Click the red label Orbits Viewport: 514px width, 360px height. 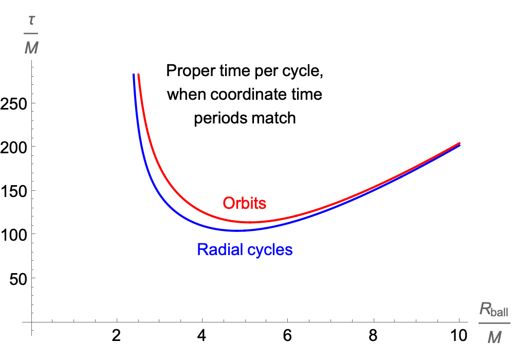tap(244, 203)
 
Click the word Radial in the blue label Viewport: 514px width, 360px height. tap(217, 250)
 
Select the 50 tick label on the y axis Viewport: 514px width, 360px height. tap(18, 278)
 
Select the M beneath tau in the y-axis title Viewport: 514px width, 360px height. tap(31, 49)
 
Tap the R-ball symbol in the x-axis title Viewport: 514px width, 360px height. tap(493, 310)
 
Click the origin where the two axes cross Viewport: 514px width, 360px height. tap(32, 322)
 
